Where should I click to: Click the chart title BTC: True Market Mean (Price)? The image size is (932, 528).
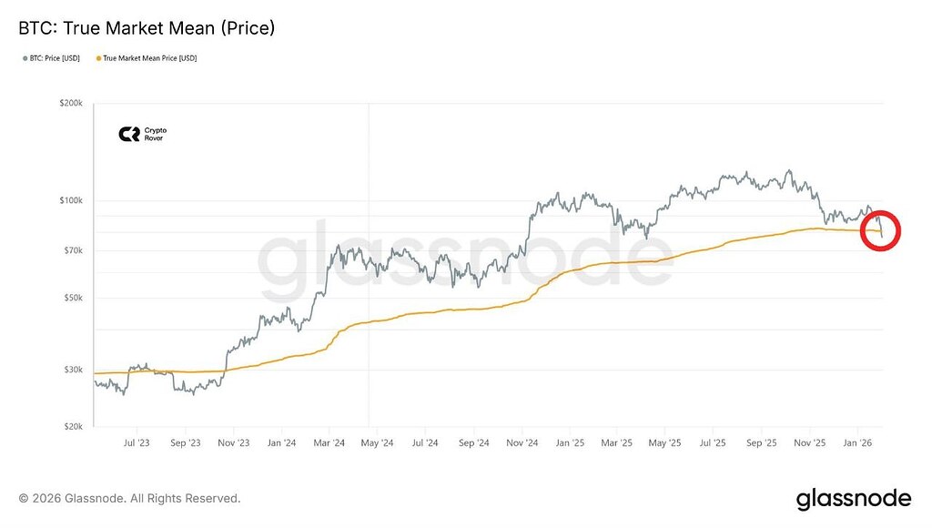147,28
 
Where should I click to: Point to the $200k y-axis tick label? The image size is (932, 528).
71,105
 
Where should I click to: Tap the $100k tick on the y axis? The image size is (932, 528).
71,200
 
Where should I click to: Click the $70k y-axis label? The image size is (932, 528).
73,250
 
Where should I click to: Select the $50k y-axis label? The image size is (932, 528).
73,298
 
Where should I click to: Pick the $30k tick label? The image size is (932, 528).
73,370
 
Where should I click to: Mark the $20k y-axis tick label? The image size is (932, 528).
73,426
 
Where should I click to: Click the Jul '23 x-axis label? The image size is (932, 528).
137,442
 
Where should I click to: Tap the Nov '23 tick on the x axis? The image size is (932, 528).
234,442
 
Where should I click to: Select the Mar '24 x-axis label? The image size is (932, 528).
329,442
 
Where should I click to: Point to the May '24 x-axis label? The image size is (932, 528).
377,442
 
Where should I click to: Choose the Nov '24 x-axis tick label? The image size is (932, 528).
522,442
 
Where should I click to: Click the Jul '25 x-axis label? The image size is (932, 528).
713,442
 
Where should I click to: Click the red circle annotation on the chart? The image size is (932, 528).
880,230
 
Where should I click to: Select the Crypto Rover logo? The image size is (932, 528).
143,134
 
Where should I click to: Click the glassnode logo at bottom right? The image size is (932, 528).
853,499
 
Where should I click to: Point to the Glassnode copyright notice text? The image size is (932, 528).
129,499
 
